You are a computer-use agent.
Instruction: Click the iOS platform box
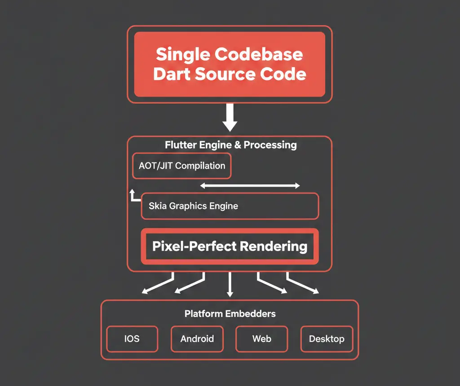point(132,339)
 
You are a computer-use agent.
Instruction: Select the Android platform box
point(197,339)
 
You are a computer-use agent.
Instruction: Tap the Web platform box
point(261,339)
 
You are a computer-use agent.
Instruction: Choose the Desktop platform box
point(327,339)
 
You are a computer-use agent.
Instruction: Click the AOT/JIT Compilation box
point(181,166)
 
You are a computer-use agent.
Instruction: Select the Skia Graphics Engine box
point(230,206)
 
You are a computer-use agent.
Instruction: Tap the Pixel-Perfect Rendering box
point(230,247)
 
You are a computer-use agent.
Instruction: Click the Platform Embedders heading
point(230,314)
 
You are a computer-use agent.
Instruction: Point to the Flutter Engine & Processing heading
point(230,145)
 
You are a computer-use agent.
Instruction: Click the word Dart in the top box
point(173,74)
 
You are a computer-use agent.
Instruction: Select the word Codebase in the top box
point(258,54)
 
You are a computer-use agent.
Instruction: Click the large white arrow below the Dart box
point(230,117)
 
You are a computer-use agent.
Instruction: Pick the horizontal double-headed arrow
point(250,186)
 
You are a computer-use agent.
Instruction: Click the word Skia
point(158,206)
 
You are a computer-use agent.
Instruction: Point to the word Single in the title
point(182,54)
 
